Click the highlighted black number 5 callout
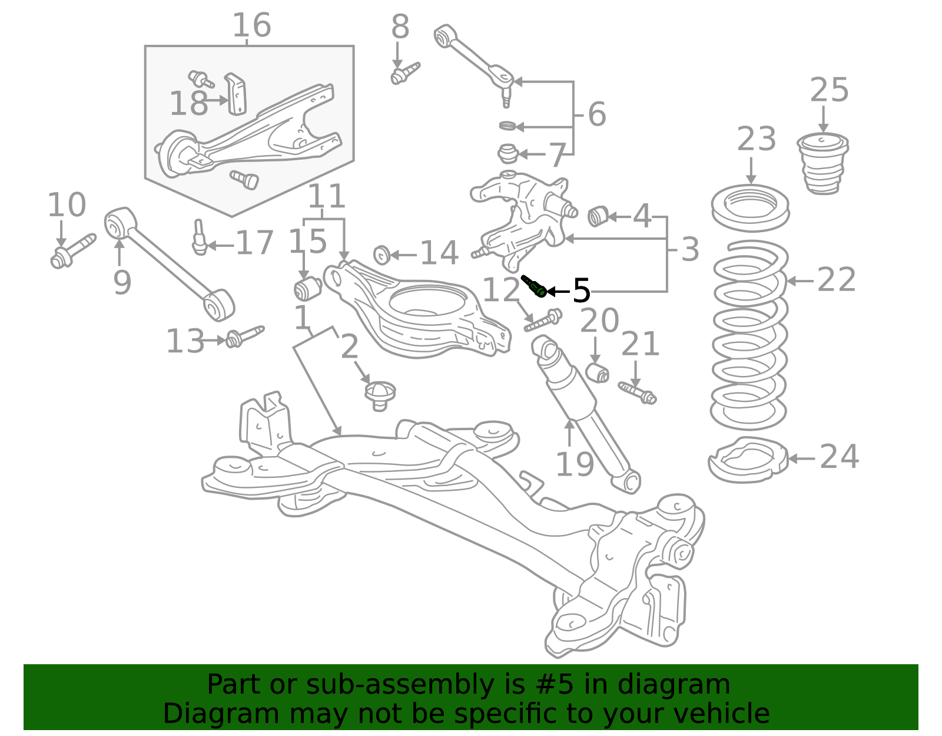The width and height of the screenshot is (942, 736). point(581,291)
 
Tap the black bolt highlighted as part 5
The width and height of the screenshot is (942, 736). point(534,286)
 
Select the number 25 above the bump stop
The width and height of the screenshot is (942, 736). point(829,91)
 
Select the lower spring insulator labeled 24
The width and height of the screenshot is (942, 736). point(748,460)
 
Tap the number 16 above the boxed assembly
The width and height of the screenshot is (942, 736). point(251,25)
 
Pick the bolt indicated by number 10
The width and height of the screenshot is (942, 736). point(72,251)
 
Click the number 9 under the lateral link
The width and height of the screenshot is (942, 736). point(122,283)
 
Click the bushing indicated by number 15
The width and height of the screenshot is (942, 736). point(307,288)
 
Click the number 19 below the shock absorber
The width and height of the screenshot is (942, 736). point(575,464)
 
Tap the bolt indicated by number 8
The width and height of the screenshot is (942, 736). point(404,74)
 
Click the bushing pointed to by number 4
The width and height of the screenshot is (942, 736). point(598,216)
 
